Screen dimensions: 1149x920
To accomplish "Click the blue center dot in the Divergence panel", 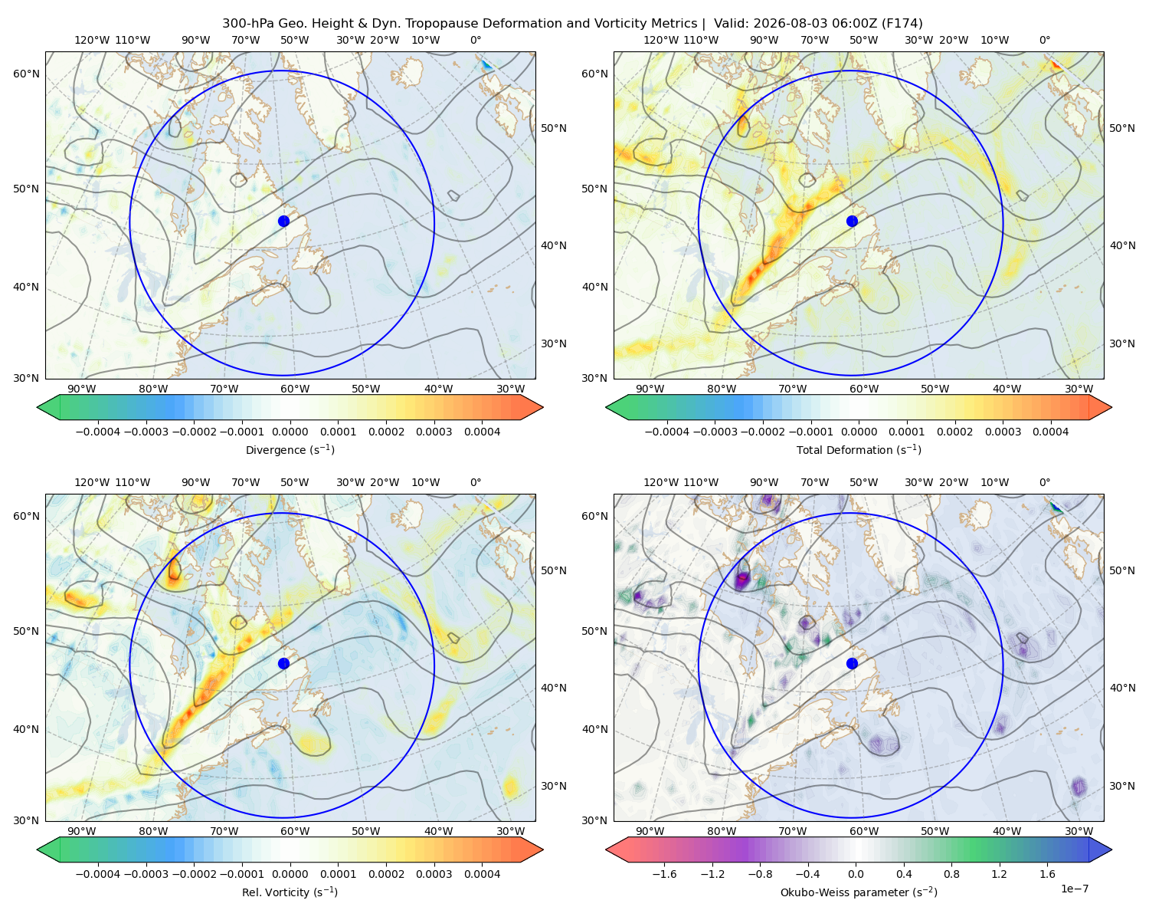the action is pyautogui.click(x=283, y=221).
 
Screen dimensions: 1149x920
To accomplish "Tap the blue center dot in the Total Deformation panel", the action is pyautogui.click(x=852, y=221).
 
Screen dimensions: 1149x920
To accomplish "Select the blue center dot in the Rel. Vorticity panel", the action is pyautogui.click(x=283, y=663).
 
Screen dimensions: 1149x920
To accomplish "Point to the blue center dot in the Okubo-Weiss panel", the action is pyautogui.click(x=852, y=663).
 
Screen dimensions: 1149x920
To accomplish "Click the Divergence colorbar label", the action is pyautogui.click(x=290, y=449).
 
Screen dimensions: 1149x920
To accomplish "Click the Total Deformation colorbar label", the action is pyautogui.click(x=859, y=449).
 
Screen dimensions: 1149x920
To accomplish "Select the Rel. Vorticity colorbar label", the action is pyautogui.click(x=290, y=892).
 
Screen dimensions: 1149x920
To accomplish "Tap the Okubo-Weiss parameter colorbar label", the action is pyautogui.click(x=859, y=892).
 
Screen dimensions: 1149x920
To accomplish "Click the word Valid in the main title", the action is pyautogui.click(x=728, y=24).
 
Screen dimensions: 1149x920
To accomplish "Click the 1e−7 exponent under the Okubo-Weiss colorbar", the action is pyautogui.click(x=1074, y=889).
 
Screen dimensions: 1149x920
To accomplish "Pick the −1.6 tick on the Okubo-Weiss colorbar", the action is pyautogui.click(x=664, y=874).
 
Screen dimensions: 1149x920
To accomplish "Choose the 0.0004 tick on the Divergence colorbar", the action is pyautogui.click(x=482, y=432).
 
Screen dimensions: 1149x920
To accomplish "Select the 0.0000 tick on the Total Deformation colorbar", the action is pyautogui.click(x=859, y=432).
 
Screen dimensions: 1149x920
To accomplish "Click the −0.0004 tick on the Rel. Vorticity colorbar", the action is pyautogui.click(x=98, y=874).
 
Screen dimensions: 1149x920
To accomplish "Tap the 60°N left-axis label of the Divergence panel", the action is pyautogui.click(x=26, y=74).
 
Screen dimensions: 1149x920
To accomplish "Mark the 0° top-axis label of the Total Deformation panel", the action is pyautogui.click(x=1044, y=40).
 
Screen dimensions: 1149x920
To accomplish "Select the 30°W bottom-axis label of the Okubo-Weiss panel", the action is pyautogui.click(x=1079, y=831).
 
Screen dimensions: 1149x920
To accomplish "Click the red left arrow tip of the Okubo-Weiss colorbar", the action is pyautogui.click(x=607, y=849).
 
